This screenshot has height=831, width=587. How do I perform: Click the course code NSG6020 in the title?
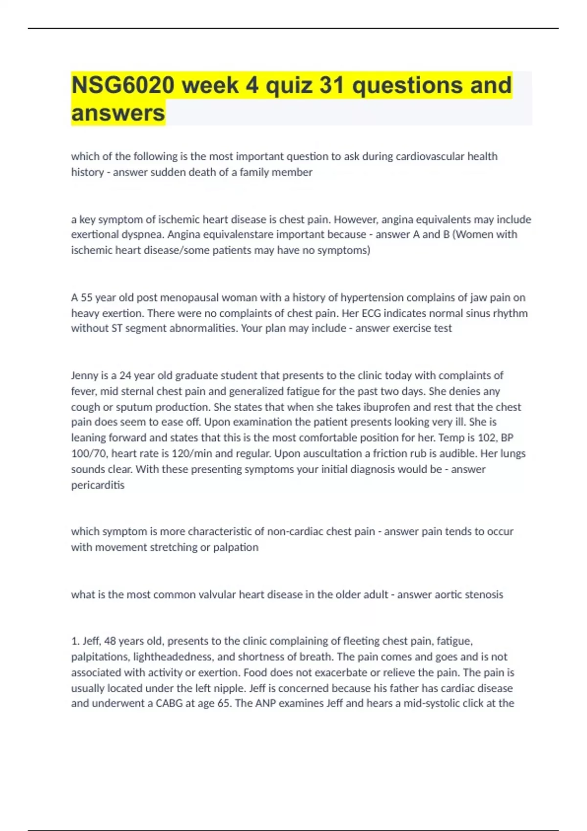(123, 85)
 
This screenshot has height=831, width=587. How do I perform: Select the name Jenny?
(84, 375)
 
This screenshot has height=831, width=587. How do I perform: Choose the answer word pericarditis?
(98, 485)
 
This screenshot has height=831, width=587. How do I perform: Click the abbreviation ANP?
(265, 703)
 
